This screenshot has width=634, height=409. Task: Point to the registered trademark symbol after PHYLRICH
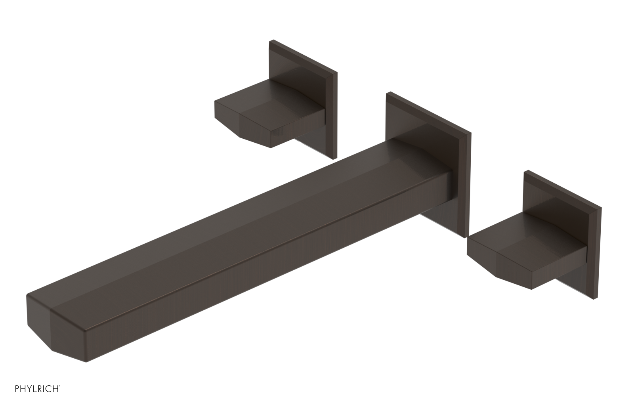pos(59,395)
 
